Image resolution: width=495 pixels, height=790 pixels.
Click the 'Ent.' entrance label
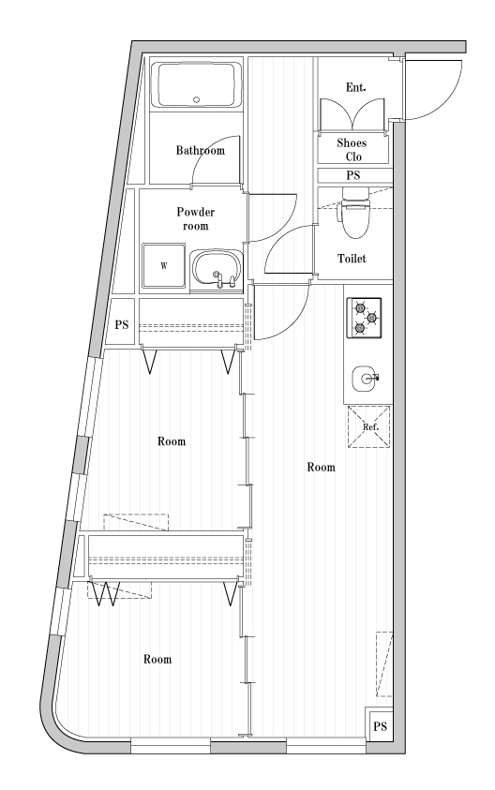tap(355, 88)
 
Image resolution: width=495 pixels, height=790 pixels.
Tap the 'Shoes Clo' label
tap(352, 150)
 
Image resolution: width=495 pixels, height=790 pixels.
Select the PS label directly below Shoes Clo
tap(353, 176)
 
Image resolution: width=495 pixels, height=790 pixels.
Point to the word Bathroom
tap(201, 150)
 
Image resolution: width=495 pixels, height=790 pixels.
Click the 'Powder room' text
tap(196, 219)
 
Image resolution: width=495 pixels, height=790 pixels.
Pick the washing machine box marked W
tap(163, 265)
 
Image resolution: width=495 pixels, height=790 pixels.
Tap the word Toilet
tap(352, 259)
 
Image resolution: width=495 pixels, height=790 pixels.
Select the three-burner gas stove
tap(365, 318)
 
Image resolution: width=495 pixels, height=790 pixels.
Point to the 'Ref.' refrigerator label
tap(368, 427)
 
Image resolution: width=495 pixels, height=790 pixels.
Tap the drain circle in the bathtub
tap(196, 98)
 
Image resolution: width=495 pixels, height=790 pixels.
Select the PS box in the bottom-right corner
tap(380, 727)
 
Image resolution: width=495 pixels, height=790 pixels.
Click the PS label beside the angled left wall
tap(121, 325)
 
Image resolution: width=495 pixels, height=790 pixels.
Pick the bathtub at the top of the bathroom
tap(197, 84)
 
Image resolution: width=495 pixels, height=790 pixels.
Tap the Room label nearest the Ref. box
tap(322, 467)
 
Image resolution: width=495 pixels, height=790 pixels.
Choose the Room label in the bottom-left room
tap(157, 660)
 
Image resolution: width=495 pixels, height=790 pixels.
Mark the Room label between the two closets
tap(171, 440)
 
